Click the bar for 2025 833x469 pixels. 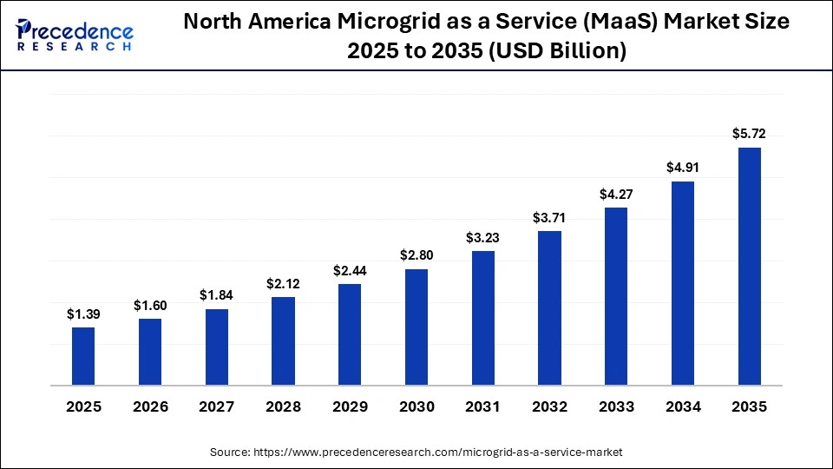[x=83, y=356]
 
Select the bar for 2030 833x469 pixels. [x=416, y=327]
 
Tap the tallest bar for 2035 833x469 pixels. [x=749, y=266]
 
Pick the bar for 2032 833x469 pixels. [x=549, y=307]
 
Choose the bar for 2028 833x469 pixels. [x=283, y=340]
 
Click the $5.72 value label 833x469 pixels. [x=749, y=134]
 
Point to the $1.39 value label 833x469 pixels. [x=83, y=314]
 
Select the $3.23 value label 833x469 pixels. [x=482, y=237]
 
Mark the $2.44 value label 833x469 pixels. [x=350, y=270]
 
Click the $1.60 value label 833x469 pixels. [x=150, y=305]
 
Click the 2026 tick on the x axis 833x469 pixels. [x=150, y=407]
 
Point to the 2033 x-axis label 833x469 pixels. [x=616, y=407]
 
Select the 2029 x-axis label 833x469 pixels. [x=350, y=407]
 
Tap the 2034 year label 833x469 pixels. [x=683, y=407]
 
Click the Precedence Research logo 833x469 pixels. [x=75, y=35]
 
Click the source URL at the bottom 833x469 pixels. [x=416, y=452]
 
